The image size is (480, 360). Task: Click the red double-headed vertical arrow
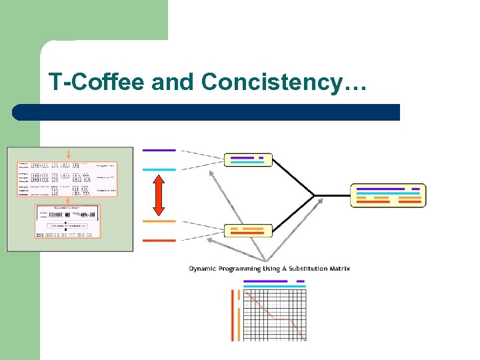[159, 195]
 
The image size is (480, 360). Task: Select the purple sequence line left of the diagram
[159, 150]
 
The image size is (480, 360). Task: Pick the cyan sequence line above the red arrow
[159, 169]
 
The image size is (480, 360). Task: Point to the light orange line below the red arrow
[159, 221]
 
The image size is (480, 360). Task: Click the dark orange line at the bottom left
[159, 240]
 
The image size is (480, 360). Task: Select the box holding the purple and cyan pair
[248, 160]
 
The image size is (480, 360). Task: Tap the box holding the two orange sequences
[248, 231]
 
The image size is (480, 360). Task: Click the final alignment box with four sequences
[388, 195]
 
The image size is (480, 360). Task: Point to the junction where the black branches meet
[314, 195]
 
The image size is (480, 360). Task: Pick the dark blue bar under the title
[207, 112]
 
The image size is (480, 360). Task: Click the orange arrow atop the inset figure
[68, 154]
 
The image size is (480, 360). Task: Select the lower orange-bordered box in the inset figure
[68, 221]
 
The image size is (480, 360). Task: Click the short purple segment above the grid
[300, 281]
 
